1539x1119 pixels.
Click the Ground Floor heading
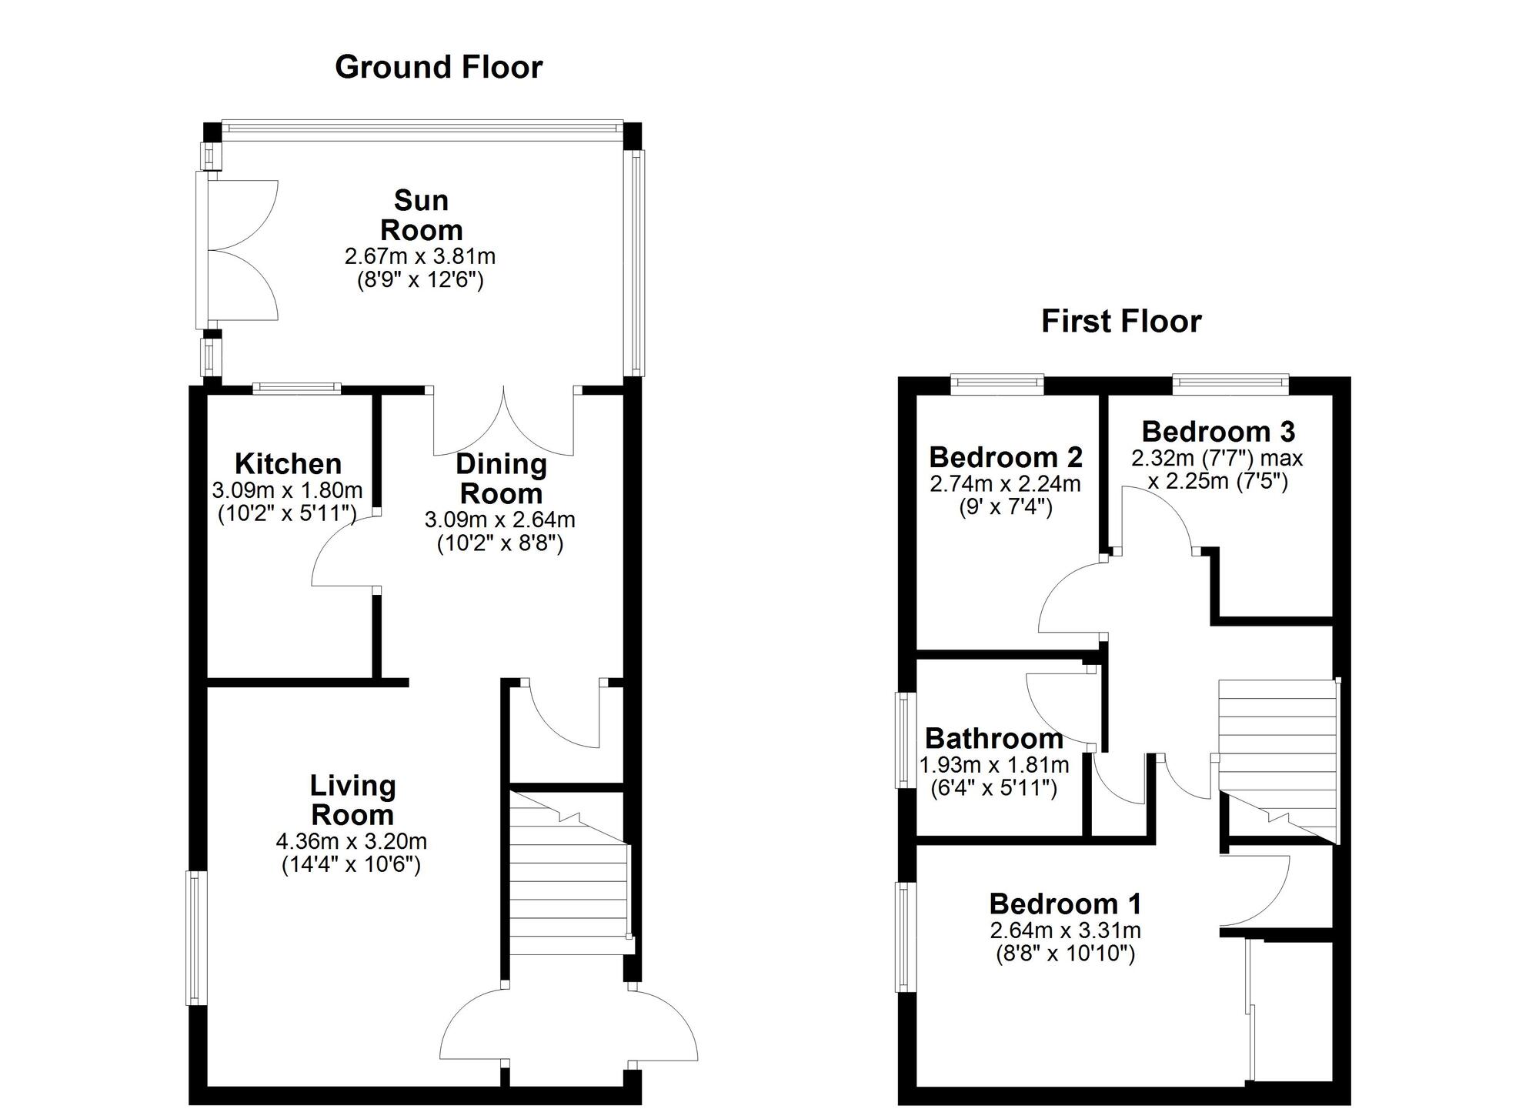(439, 68)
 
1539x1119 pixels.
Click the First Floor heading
(1120, 321)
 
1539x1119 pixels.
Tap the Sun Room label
(421, 215)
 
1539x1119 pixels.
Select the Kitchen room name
(288, 464)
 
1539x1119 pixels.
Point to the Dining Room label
(501, 478)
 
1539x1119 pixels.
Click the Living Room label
(352, 800)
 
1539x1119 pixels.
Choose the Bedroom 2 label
(1005, 457)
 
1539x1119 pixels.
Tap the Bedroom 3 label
(1218, 431)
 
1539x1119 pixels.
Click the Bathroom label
(993, 739)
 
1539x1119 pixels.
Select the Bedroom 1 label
(1065, 904)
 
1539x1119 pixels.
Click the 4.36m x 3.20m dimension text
(352, 841)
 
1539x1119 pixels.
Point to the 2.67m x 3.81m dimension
(420, 256)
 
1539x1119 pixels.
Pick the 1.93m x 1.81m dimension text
(994, 765)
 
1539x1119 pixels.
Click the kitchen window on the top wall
(297, 388)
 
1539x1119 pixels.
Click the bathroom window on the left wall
(905, 740)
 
